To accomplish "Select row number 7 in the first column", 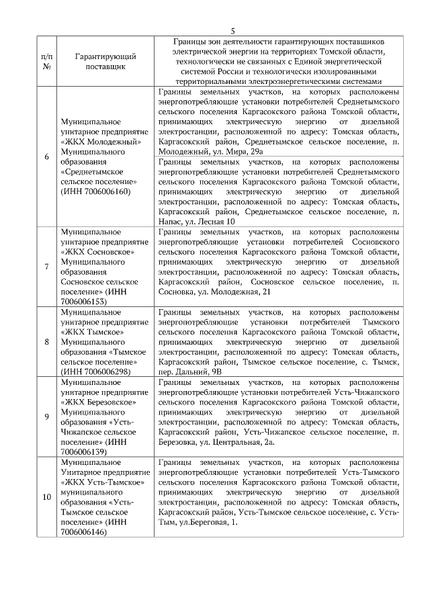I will coord(46,267).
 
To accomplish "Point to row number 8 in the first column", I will coord(46,342).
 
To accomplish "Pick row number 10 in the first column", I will coord(46,496).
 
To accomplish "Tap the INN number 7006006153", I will coord(85,302).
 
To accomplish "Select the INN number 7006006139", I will coord(85,452).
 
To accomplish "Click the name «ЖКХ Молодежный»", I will coord(100,142).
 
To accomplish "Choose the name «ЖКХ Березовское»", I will coord(101,402).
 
